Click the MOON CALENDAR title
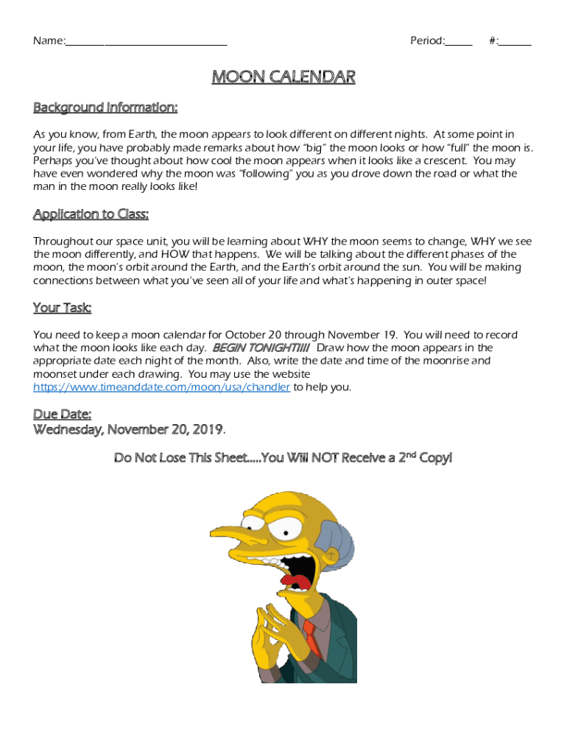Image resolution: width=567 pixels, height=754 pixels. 283,77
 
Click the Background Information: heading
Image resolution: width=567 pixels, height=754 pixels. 105,108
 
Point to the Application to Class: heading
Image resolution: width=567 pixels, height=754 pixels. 91,214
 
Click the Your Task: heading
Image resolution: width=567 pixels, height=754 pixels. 62,308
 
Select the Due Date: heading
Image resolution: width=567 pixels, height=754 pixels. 62,415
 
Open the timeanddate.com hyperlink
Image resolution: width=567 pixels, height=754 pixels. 161,387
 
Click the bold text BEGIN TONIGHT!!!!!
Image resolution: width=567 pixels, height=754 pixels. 261,348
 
